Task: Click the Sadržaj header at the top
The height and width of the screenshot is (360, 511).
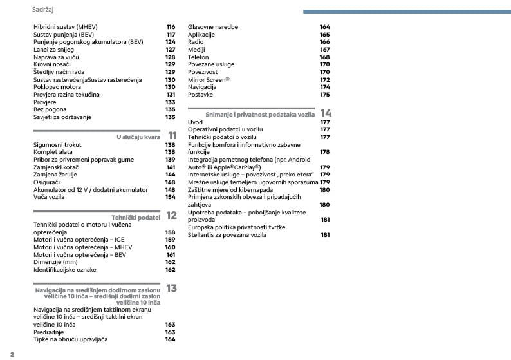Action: tap(42, 10)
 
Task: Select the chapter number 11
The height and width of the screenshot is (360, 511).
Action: tap(172, 136)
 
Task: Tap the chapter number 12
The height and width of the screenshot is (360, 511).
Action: tap(171, 216)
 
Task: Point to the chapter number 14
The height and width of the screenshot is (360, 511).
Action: tap(326, 113)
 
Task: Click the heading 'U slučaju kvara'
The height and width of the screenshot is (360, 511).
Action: tap(138, 137)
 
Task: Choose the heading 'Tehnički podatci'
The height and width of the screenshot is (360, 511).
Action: tap(135, 218)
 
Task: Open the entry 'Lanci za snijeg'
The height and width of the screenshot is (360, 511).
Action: tap(53, 49)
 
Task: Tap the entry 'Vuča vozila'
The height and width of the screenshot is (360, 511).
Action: tap(49, 197)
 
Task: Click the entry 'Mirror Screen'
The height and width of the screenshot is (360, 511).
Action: tap(208, 79)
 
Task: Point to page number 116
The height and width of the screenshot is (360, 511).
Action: tap(171, 26)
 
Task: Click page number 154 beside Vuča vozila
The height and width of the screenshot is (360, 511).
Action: tap(171, 197)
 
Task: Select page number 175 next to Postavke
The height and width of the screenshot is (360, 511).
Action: tap(325, 94)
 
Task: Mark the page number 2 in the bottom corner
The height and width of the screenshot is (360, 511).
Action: tap(12, 354)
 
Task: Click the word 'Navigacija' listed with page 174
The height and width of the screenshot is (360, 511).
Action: tap(201, 86)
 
